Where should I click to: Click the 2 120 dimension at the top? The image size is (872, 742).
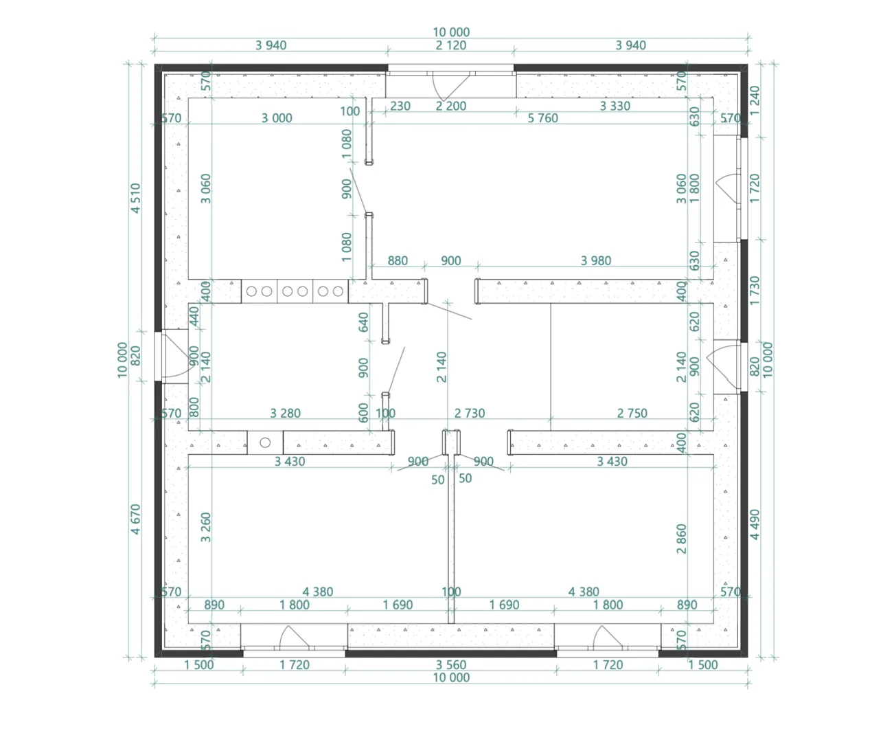tap(451, 45)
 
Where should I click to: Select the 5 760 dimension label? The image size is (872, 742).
tap(543, 118)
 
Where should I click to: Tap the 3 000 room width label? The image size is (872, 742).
tap(277, 118)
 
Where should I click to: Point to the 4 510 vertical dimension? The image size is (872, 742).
tap(135, 198)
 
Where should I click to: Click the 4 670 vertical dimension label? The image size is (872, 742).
tap(135, 519)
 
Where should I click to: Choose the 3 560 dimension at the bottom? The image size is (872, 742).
tap(451, 665)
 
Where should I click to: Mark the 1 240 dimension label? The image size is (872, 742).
tap(755, 100)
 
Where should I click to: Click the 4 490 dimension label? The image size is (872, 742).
tap(755, 525)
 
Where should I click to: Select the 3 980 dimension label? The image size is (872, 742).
tap(596, 261)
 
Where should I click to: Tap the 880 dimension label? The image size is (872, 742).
tap(398, 261)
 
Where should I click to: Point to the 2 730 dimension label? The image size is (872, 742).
tap(470, 413)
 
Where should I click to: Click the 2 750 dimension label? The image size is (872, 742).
tap(632, 413)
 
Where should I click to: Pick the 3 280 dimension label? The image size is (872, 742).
tap(285, 413)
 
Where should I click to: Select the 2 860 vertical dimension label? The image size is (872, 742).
tap(681, 539)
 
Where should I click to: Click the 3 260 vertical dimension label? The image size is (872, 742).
tap(205, 527)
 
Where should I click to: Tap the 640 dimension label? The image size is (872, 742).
tap(363, 322)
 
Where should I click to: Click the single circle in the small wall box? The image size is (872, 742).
tap(265, 442)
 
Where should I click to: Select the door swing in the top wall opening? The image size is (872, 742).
tap(450, 87)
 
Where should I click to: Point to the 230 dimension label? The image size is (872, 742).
tap(400, 106)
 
